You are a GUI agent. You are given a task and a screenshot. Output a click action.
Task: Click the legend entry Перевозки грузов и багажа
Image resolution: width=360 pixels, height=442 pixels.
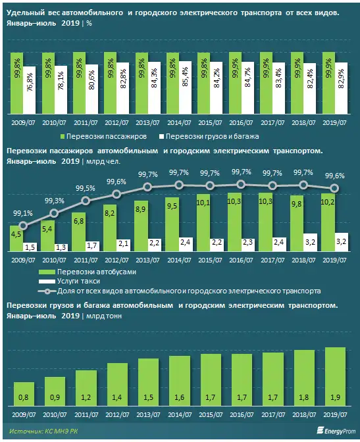click(210, 137)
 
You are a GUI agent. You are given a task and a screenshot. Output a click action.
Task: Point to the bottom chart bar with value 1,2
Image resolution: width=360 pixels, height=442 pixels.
click(86, 387)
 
